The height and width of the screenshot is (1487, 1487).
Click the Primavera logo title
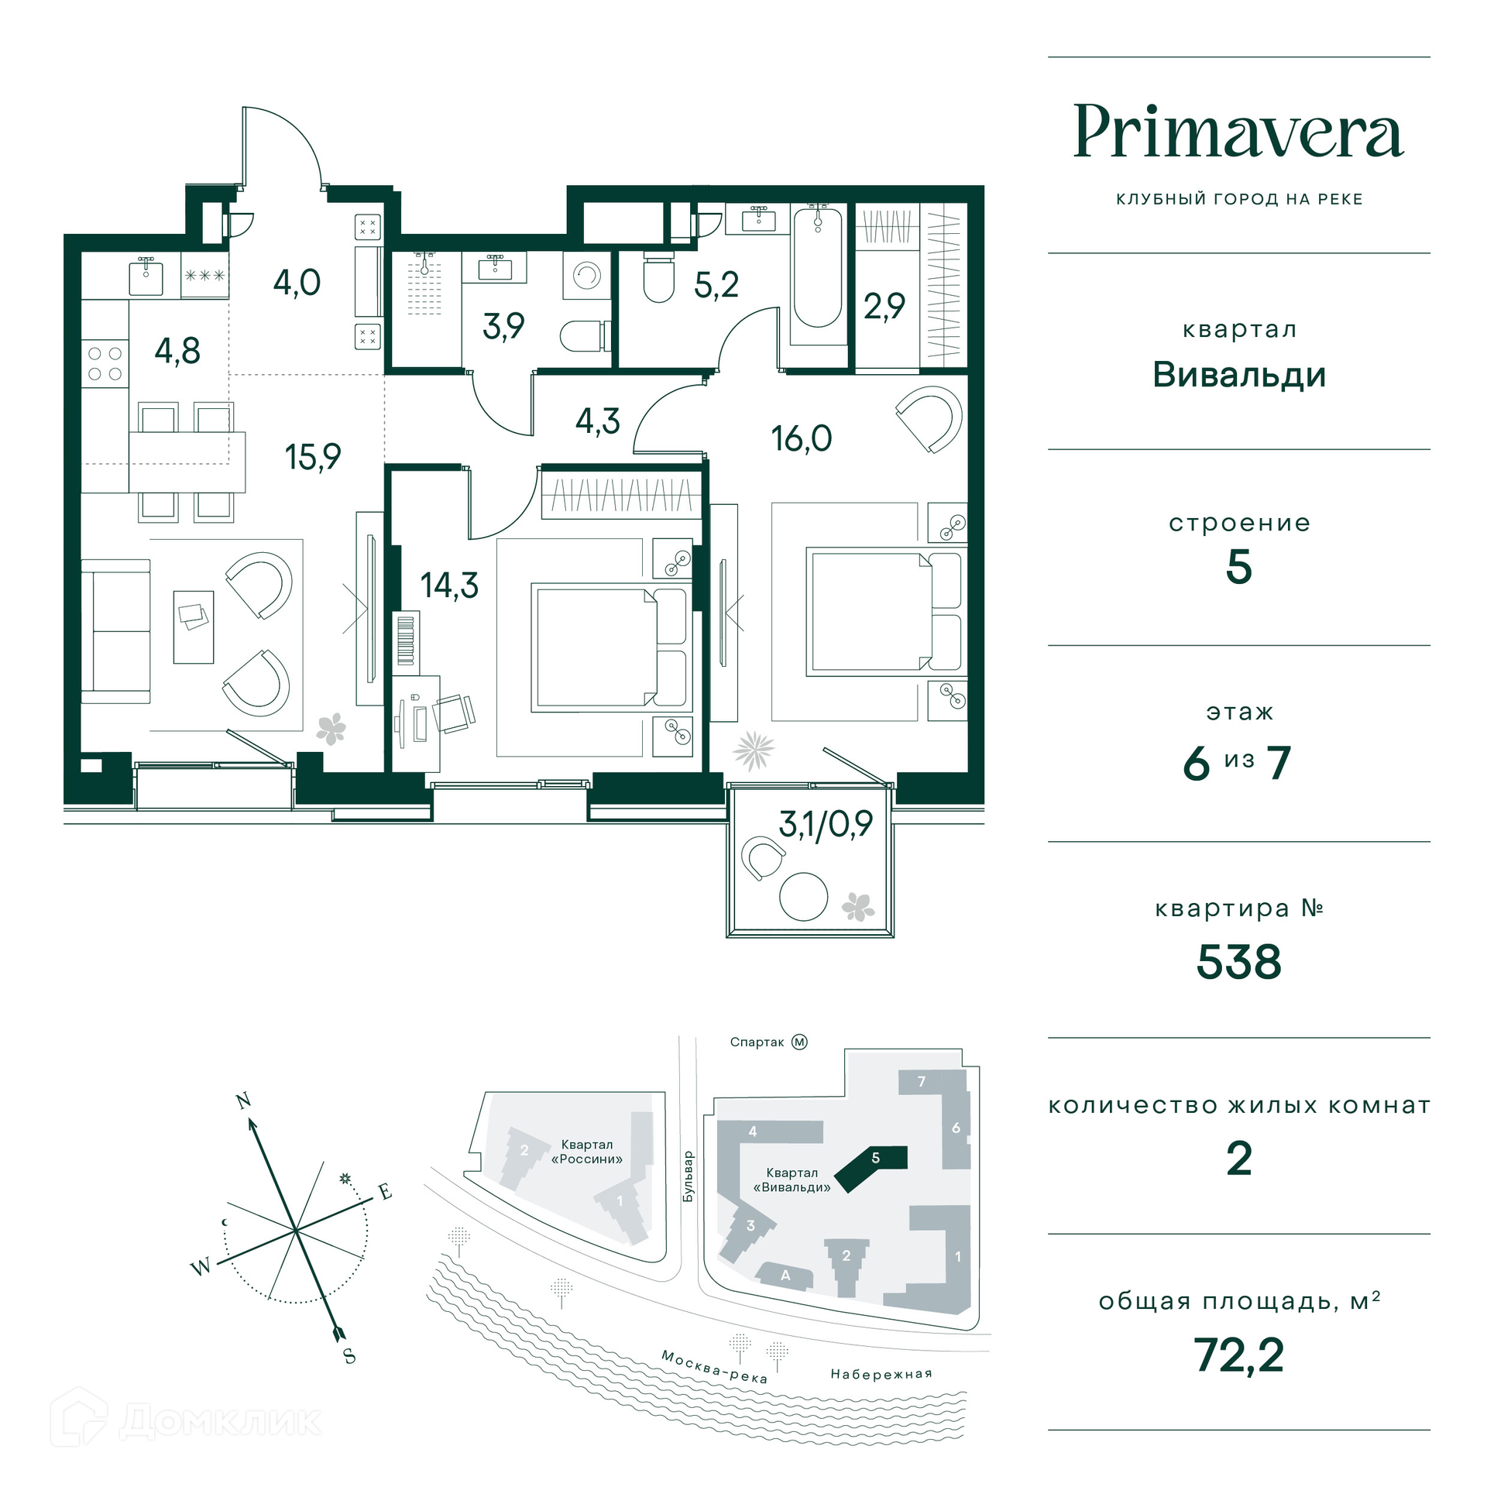1238,132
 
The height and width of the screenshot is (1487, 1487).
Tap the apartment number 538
1238,962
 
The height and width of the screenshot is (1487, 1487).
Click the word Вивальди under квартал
1238,375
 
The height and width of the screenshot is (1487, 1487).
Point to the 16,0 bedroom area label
801,439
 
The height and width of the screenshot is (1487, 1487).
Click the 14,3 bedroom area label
449,586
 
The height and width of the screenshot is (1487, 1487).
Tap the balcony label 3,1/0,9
826,824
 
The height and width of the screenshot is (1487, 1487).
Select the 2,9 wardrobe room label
884,307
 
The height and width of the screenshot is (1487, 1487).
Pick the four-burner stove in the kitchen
105,364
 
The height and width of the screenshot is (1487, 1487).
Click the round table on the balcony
803,897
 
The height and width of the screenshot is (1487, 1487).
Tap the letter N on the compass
243,1101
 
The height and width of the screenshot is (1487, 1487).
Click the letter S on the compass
349,1356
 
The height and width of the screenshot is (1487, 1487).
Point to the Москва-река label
713,1366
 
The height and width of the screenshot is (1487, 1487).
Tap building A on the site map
785,1276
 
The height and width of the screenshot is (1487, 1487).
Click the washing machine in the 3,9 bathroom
587,276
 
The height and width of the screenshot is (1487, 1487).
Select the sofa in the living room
115,631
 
